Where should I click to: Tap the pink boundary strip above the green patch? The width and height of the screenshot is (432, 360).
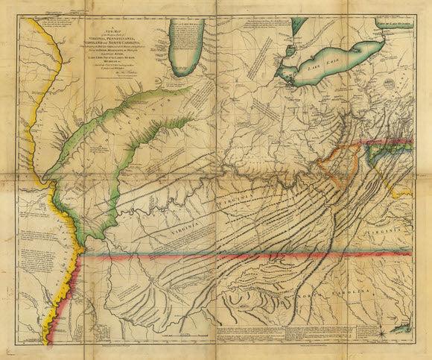coord(387,143)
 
